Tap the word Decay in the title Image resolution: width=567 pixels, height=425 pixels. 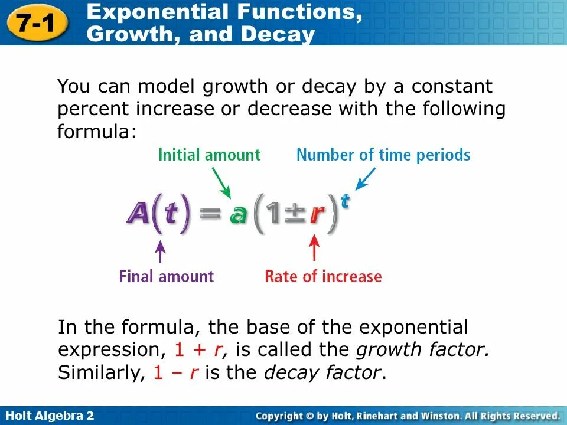point(276,34)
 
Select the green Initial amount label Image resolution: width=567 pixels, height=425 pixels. point(209,155)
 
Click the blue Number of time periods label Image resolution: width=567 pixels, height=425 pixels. point(383,155)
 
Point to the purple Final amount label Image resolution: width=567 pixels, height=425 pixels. point(166,276)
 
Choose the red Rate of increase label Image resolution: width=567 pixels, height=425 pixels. point(323,276)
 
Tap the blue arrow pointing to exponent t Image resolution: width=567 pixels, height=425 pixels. point(366,178)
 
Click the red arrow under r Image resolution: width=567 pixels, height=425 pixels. point(315,248)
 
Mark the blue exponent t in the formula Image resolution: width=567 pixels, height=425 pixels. point(345,201)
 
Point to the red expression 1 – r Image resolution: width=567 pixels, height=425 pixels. point(175,373)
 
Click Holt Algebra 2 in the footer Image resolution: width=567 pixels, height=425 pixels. point(48,416)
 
